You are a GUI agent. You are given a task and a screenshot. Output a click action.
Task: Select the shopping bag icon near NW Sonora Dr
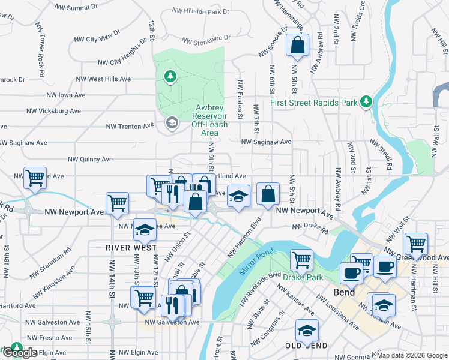click(x=297, y=45)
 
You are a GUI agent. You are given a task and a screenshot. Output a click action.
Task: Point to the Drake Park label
click(x=304, y=277)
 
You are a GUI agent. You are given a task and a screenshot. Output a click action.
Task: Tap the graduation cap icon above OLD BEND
click(x=307, y=330)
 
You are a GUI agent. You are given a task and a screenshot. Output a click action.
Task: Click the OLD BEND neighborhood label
click(x=306, y=346)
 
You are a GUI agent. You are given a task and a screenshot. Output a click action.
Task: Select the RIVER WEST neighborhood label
click(x=131, y=247)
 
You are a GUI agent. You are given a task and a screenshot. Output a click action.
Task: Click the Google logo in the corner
click(x=19, y=353)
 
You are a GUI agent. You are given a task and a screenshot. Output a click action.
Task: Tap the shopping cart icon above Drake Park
click(x=301, y=260)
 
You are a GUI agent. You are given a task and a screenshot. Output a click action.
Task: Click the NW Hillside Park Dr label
click(x=200, y=11)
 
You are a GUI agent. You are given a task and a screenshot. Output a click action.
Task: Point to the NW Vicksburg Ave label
click(x=53, y=111)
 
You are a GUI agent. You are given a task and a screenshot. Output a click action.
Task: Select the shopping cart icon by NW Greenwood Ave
click(x=416, y=244)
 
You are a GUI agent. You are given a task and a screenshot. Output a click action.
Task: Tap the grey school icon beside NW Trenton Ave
click(x=171, y=123)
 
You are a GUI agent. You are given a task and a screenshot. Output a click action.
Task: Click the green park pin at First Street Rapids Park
click(x=366, y=103)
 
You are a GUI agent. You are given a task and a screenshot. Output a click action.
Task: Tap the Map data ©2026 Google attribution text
click(x=412, y=355)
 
